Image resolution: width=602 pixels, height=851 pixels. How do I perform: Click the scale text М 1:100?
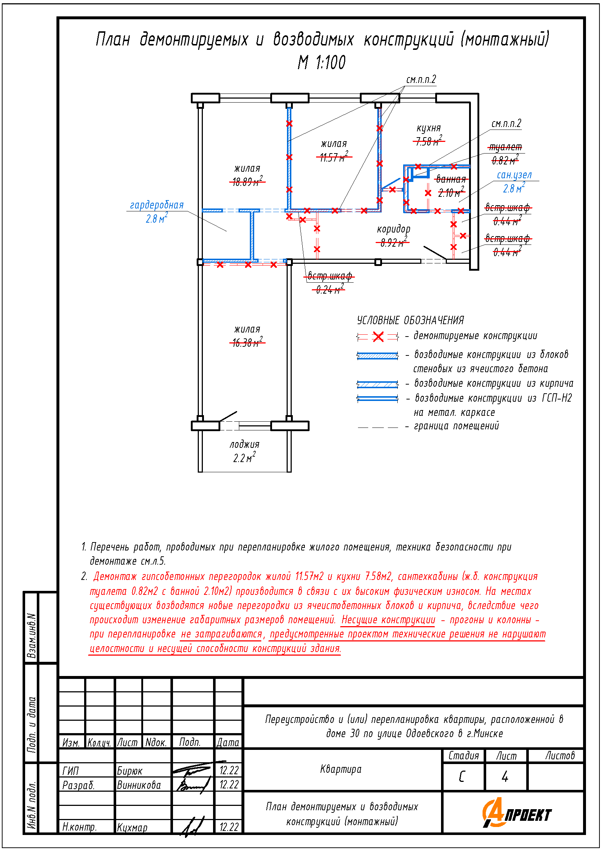coord(321,62)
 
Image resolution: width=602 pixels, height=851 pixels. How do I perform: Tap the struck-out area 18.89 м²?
coord(247,181)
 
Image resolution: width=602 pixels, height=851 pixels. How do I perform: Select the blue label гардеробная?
coord(157,205)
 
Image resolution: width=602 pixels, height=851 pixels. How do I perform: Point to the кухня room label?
coord(428,128)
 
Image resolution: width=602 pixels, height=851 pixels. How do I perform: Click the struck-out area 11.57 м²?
coord(334,157)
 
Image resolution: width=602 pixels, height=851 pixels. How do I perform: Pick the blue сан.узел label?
coord(514,175)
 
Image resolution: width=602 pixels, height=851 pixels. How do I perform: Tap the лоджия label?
coord(244,444)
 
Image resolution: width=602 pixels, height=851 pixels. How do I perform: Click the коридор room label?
coord(394,230)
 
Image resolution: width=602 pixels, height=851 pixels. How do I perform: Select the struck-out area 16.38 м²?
coord(247,342)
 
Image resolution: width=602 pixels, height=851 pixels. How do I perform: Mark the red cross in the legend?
coord(378,337)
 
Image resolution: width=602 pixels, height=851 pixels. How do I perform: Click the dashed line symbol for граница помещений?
coord(378,428)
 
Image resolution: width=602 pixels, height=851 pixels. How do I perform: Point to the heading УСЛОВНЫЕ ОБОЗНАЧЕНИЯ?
coord(410,320)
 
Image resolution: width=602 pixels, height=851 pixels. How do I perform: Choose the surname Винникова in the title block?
coord(139,785)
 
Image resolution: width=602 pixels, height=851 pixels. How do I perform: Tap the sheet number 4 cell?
coord(505,776)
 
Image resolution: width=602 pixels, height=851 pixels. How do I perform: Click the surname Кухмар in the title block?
coord(132,827)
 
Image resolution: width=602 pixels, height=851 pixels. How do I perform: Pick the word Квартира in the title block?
coord(341,770)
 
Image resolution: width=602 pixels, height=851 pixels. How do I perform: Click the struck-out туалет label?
coord(505,147)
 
